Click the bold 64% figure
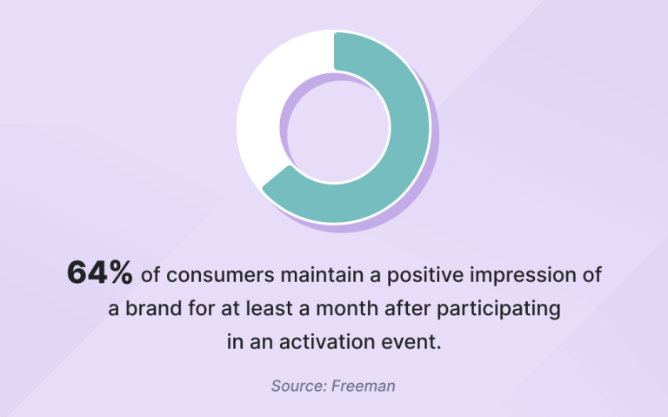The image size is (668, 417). pyautogui.click(x=100, y=273)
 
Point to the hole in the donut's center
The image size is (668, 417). pyautogui.click(x=333, y=128)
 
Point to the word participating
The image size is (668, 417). pyautogui.click(x=504, y=309)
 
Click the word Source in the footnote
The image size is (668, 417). pyautogui.click(x=297, y=385)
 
